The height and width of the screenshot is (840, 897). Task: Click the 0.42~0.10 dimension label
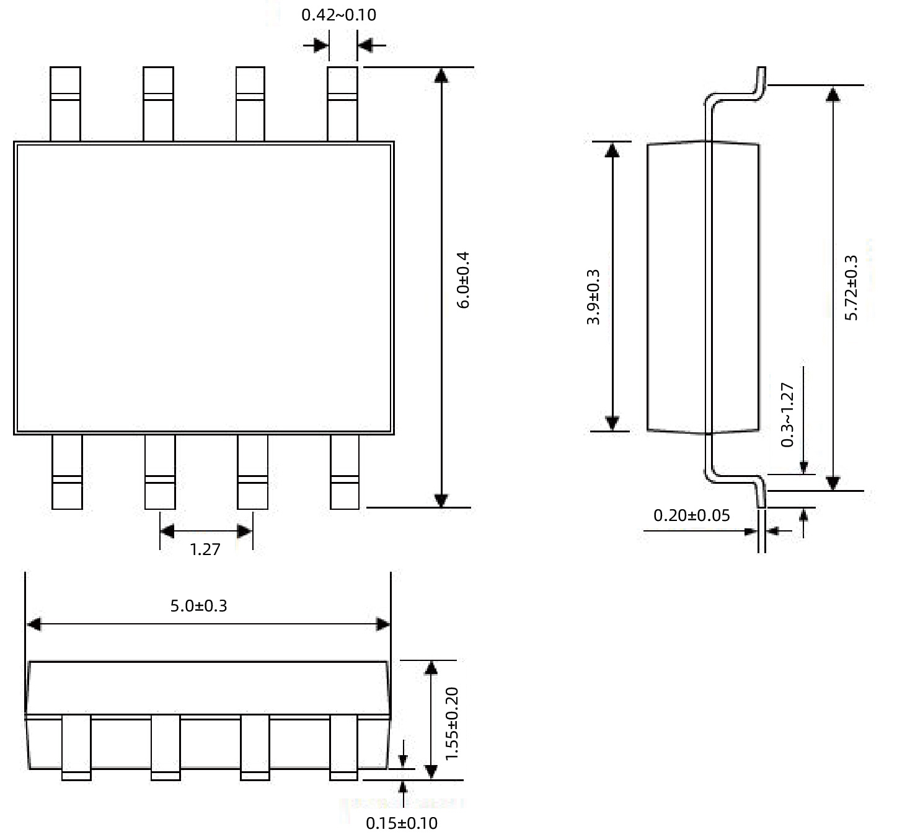click(338, 15)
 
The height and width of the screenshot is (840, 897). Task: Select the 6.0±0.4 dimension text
click(463, 280)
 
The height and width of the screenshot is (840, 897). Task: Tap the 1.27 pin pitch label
click(205, 549)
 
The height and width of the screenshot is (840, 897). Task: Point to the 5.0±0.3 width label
click(198, 605)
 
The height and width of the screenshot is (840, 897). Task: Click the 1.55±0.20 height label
click(452, 723)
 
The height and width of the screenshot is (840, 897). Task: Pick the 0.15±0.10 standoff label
click(402, 823)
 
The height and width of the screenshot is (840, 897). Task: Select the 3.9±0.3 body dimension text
click(593, 297)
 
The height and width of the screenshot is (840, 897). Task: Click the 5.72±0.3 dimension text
click(852, 287)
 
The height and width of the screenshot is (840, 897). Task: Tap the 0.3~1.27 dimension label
click(787, 414)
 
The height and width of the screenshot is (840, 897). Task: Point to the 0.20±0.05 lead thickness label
click(692, 515)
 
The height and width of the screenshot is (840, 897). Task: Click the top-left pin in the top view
click(65, 103)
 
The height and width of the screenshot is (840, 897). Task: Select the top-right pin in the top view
click(342, 103)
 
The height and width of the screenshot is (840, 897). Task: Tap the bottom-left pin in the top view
click(67, 472)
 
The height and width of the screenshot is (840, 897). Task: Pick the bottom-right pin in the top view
click(345, 472)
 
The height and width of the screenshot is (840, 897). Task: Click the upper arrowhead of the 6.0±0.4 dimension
click(441, 74)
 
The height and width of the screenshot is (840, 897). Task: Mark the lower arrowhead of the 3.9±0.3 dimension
click(612, 423)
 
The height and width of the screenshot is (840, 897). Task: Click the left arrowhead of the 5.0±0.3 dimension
click(33, 624)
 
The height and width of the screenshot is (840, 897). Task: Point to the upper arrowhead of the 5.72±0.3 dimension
click(833, 93)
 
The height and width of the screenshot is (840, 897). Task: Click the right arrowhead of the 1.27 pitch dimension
click(245, 532)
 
